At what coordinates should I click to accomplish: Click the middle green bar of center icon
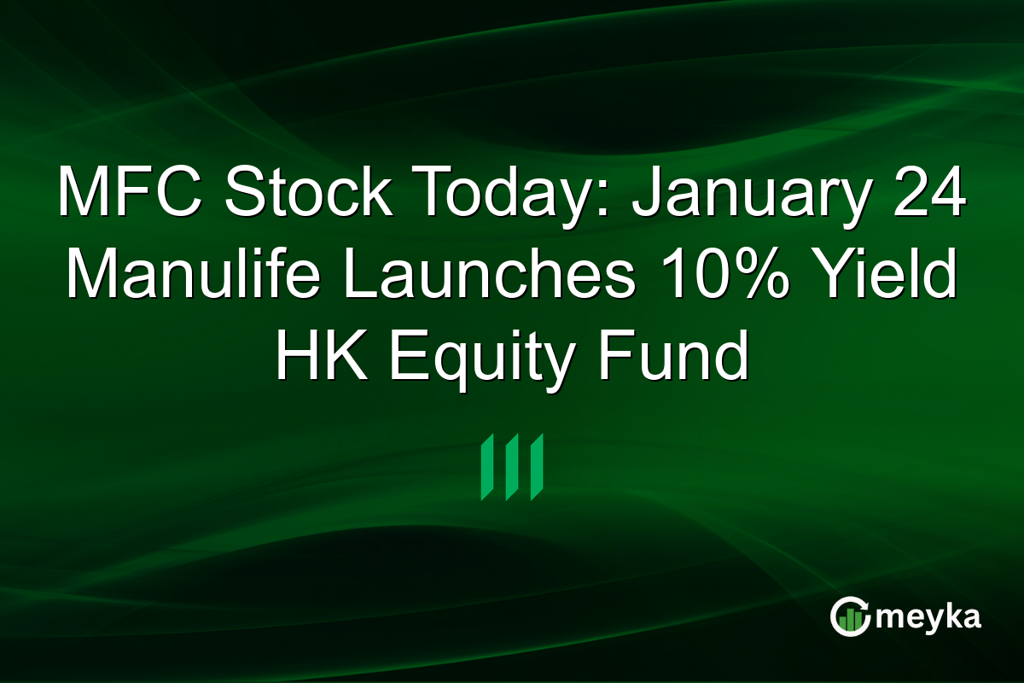[512, 466]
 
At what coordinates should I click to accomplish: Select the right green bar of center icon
[537, 466]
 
